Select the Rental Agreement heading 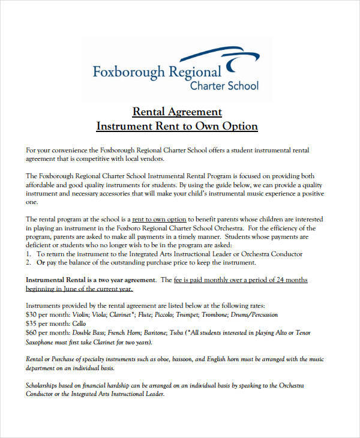coord(177,112)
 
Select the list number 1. coord(28,254)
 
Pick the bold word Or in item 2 coord(41,263)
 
